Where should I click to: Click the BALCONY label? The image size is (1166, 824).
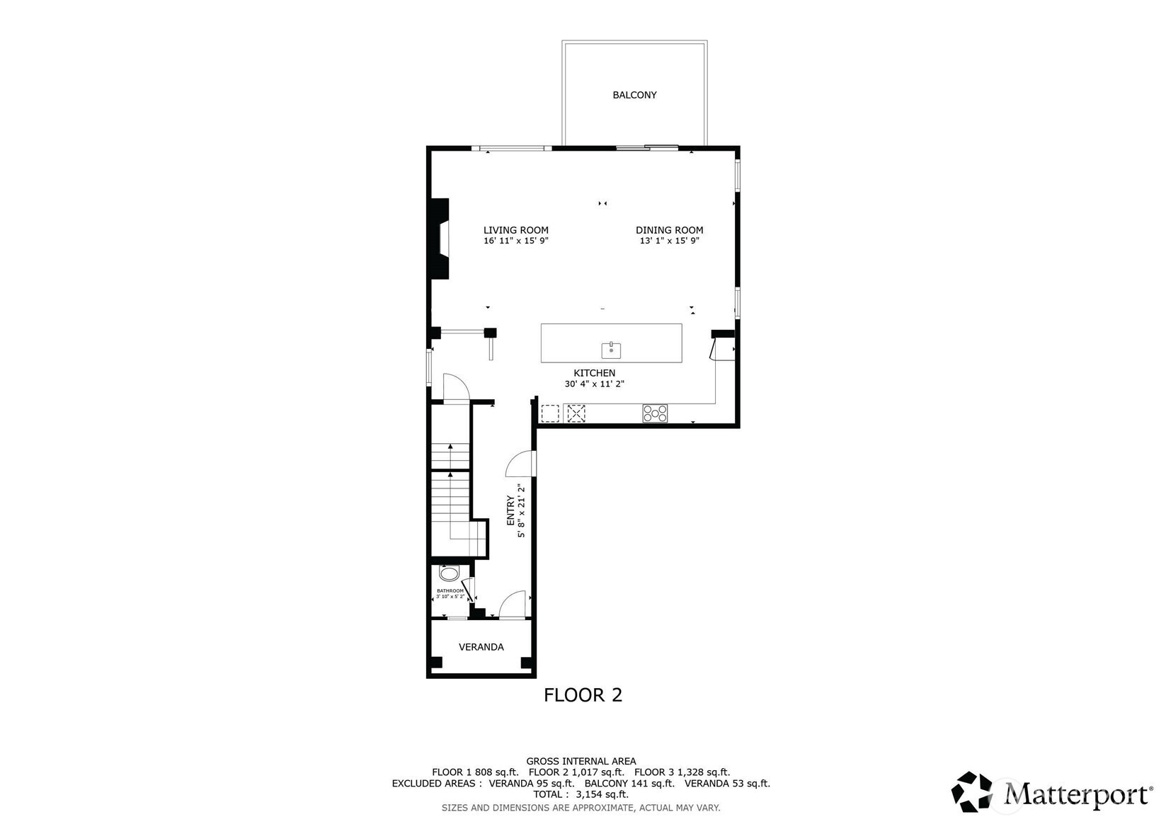pyautogui.click(x=634, y=95)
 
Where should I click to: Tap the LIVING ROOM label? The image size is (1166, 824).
pyautogui.click(x=515, y=230)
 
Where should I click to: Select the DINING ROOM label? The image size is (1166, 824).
pyautogui.click(x=669, y=230)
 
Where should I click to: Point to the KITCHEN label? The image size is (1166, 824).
pyautogui.click(x=594, y=372)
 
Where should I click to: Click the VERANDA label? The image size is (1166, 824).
pyautogui.click(x=481, y=647)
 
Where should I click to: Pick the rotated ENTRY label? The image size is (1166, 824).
pyautogui.click(x=510, y=510)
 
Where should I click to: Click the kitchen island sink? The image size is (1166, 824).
pyautogui.click(x=611, y=350)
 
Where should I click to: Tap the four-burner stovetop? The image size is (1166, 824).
pyautogui.click(x=655, y=413)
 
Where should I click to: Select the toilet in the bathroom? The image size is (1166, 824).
pyautogui.click(x=449, y=573)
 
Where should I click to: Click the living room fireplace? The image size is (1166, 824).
pyautogui.click(x=439, y=239)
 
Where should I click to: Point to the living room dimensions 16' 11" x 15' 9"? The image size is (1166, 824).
pyautogui.click(x=515, y=241)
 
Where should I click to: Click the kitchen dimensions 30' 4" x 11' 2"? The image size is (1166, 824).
pyautogui.click(x=594, y=384)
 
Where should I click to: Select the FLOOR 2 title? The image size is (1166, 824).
pyautogui.click(x=583, y=695)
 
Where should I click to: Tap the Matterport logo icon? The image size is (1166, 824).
pyautogui.click(x=971, y=791)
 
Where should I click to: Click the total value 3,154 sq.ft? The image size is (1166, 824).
pyautogui.click(x=602, y=794)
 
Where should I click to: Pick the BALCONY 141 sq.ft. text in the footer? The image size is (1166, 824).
pyautogui.click(x=629, y=784)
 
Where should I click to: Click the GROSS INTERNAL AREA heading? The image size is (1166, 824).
pyautogui.click(x=581, y=761)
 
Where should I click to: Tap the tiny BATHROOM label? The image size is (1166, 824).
pyautogui.click(x=450, y=591)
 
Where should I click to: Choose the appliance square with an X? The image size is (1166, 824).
pyautogui.click(x=576, y=414)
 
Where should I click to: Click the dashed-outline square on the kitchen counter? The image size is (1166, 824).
pyautogui.click(x=549, y=413)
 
